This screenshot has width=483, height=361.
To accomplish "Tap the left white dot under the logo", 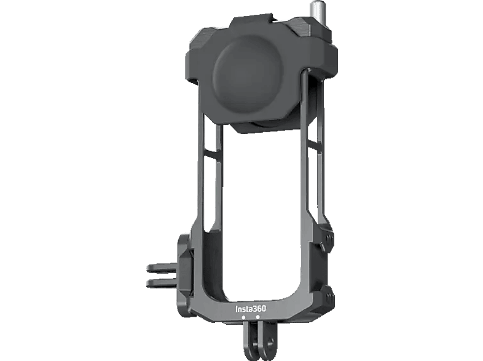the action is (x=243, y=317).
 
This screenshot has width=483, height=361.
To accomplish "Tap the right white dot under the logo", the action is (x=257, y=317).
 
